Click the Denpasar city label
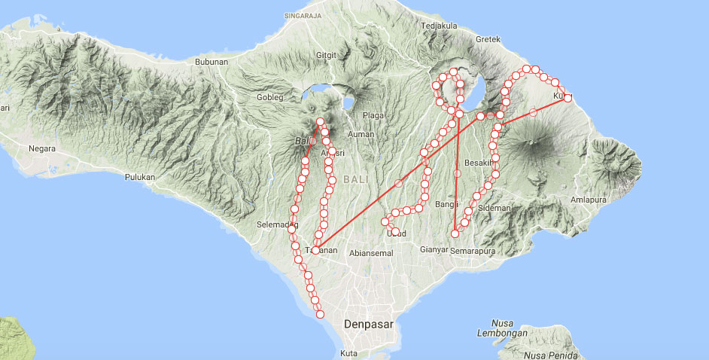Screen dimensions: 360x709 368,324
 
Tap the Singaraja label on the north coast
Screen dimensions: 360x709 303,15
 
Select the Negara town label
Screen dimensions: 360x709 42,148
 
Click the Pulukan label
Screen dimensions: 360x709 139,177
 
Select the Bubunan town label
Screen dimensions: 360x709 211,62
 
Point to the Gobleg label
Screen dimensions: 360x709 269,97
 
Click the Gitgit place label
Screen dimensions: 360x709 327,55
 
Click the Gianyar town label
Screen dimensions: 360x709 435,249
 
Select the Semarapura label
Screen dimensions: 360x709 473,249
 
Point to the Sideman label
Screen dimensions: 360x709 495,207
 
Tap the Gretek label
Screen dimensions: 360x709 488,39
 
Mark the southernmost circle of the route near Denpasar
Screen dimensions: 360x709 320,314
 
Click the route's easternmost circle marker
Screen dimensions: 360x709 568,98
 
